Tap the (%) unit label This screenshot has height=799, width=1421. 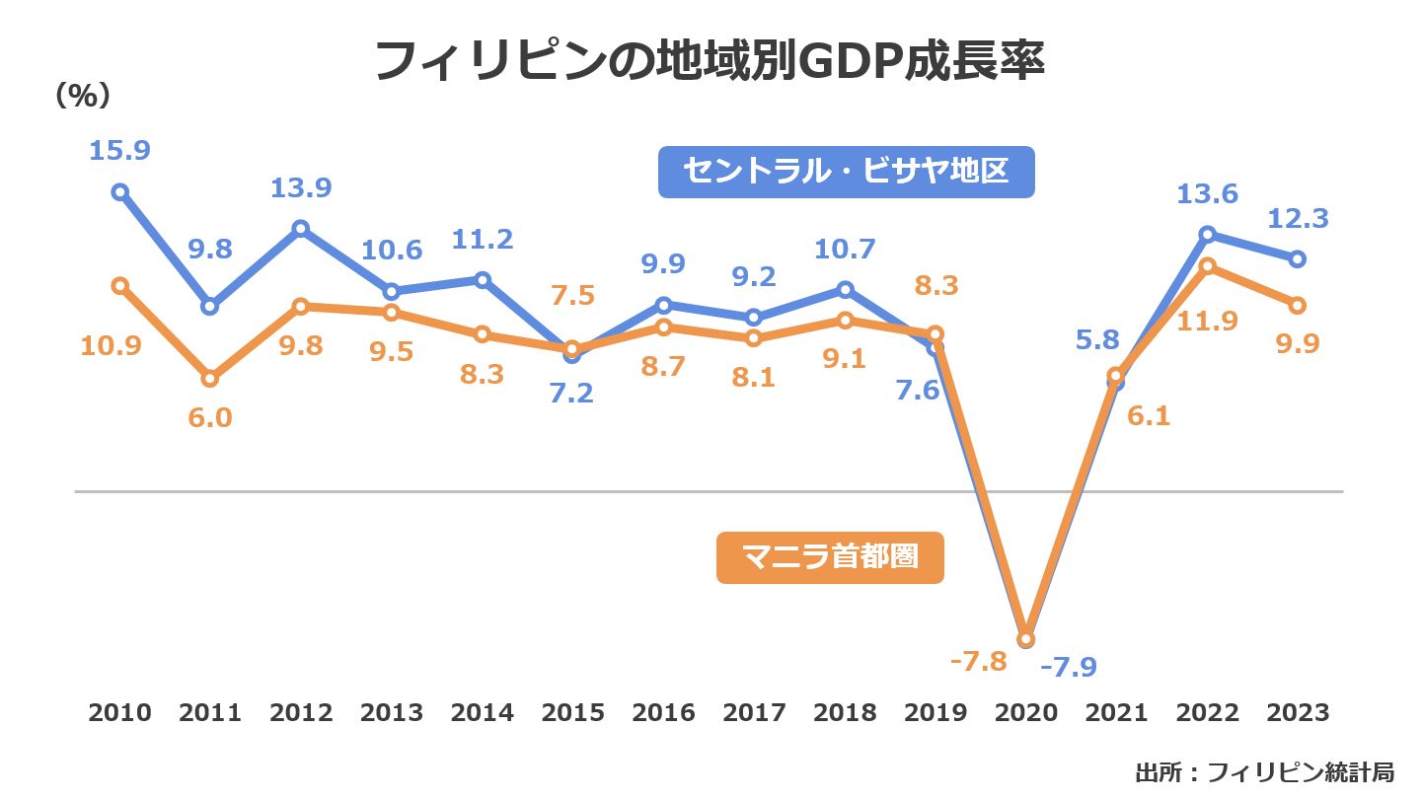82,95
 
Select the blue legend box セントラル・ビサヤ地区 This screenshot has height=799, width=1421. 846,172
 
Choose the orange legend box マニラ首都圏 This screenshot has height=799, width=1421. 830,557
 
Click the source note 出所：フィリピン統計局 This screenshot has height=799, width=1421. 1264,771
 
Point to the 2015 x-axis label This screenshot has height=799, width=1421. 572,712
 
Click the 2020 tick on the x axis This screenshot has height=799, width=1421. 1025,712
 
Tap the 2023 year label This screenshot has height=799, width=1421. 1298,712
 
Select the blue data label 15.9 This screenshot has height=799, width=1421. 119,151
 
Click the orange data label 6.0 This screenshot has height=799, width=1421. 209,417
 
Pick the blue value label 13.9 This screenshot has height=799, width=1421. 301,187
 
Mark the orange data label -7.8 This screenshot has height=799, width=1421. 978,661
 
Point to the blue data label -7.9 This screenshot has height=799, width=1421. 1069,667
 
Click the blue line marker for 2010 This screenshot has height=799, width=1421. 119,191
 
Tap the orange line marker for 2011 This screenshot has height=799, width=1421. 209,378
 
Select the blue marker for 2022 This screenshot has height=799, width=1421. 1207,234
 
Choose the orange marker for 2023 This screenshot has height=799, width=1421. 1298,304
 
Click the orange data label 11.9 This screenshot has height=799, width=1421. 1207,321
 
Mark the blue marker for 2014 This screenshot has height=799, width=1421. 483,279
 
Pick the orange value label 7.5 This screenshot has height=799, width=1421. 572,297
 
